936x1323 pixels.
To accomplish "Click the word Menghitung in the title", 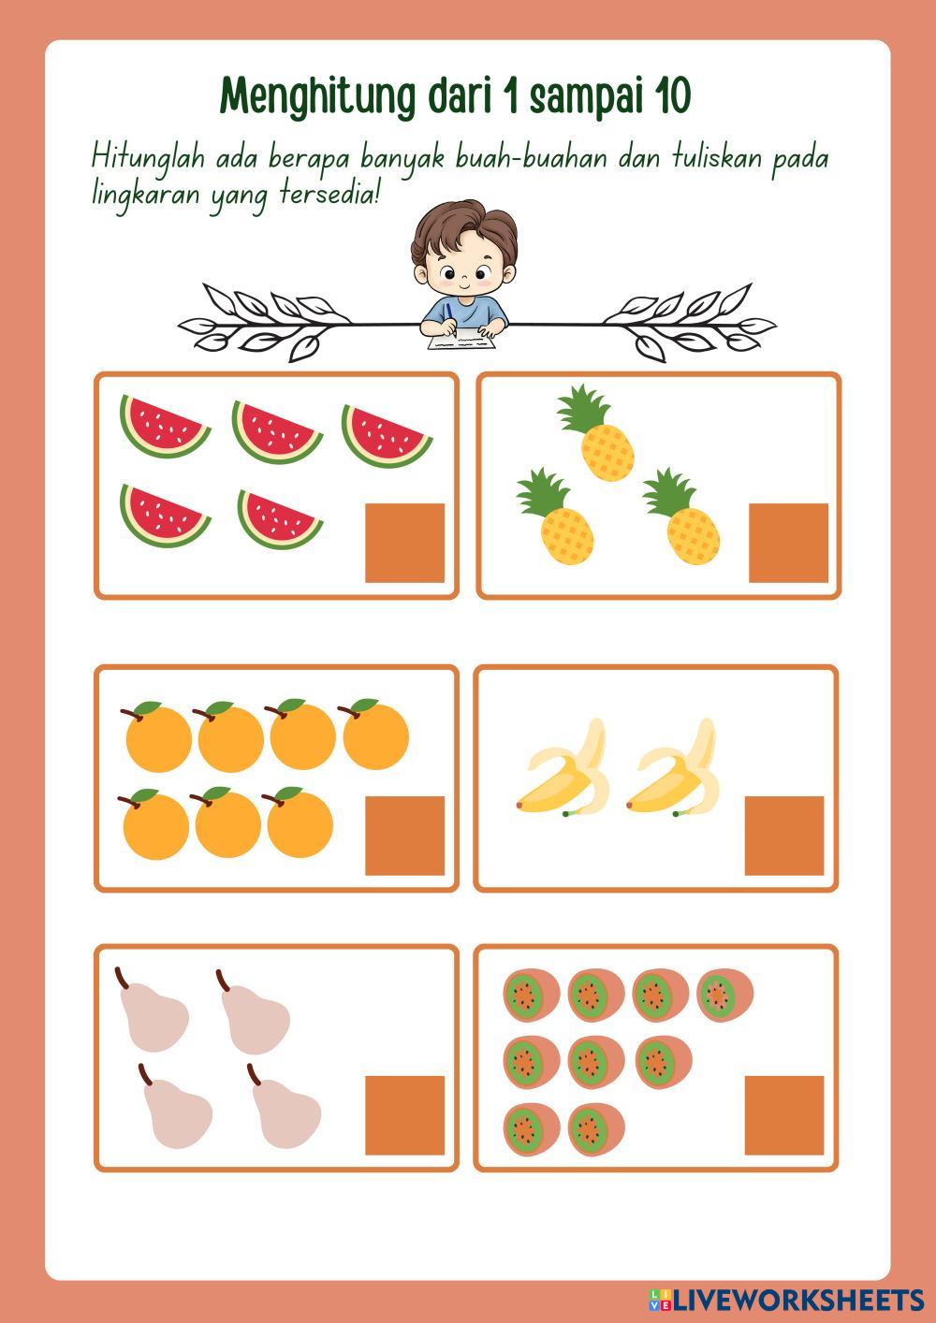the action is click(x=318, y=98).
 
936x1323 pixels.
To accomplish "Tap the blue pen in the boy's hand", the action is click(x=449, y=314).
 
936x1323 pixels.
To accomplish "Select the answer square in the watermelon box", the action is click(x=404, y=543).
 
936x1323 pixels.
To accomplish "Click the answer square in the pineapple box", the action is click(x=788, y=543).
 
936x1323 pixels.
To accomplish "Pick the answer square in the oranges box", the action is click(x=404, y=836).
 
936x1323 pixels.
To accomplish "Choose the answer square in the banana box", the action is click(x=784, y=836).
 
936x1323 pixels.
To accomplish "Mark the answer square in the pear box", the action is click(x=404, y=1115).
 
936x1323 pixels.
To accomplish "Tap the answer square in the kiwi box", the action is click(x=784, y=1115).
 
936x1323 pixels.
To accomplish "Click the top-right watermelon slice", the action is click(x=387, y=435).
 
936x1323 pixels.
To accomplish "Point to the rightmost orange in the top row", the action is click(x=374, y=734).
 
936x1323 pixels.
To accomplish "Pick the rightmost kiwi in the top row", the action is click(x=725, y=996).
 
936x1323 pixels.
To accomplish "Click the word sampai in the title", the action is click(x=585, y=98).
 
